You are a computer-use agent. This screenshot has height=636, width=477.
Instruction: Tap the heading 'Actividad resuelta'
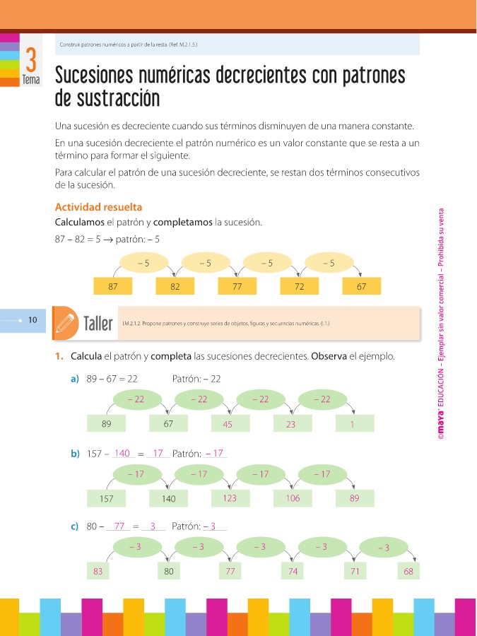click(98, 207)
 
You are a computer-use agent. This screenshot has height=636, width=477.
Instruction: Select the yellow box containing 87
click(112, 287)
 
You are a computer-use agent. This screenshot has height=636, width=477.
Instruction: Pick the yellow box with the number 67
click(361, 287)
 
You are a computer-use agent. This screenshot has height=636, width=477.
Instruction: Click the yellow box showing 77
click(237, 287)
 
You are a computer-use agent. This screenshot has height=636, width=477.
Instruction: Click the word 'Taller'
click(98, 324)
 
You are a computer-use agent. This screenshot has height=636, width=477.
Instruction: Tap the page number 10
click(33, 320)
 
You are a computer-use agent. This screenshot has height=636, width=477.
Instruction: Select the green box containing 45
click(228, 424)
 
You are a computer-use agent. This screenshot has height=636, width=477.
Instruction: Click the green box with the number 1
click(351, 424)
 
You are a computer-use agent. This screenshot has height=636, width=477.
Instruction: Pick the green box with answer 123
click(230, 498)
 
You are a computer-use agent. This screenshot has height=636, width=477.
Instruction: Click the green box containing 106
click(293, 498)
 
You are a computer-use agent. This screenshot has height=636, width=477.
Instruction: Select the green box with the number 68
click(408, 571)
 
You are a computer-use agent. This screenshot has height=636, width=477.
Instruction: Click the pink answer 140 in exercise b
click(122, 453)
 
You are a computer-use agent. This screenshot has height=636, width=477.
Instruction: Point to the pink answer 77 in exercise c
click(119, 526)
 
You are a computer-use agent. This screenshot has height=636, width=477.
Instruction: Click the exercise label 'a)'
click(74, 379)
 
